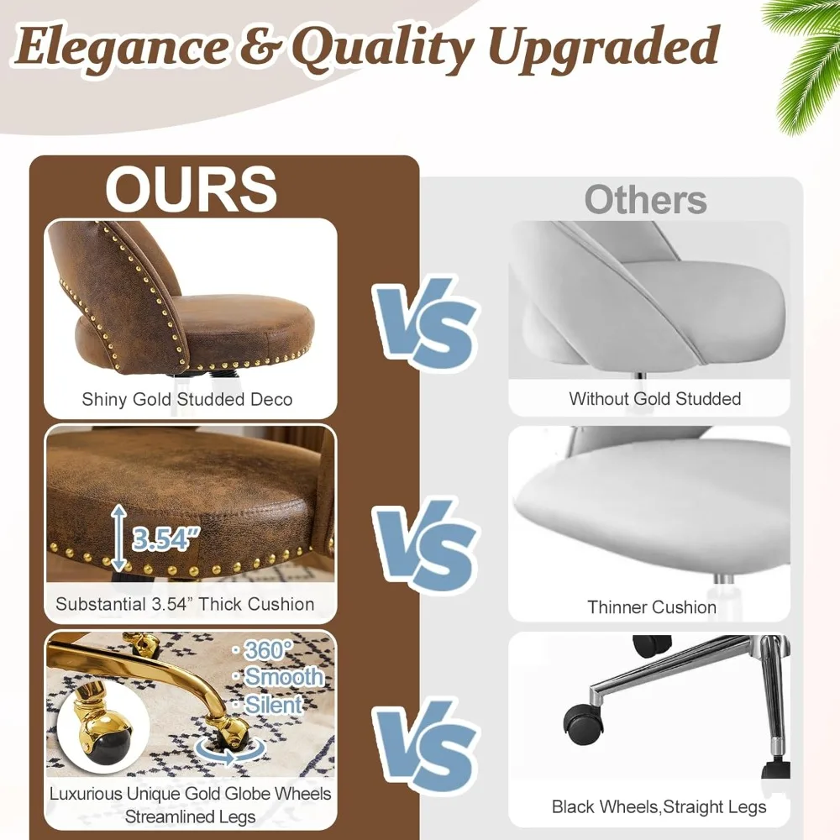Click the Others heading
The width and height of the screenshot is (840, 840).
[x=645, y=201]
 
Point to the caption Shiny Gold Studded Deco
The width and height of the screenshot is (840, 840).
[x=187, y=399]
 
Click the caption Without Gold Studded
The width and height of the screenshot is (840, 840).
[x=654, y=399]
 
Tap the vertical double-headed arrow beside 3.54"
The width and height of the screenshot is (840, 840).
[x=119, y=537]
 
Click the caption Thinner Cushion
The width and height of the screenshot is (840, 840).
[x=652, y=606]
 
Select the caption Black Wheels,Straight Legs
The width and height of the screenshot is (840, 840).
[x=659, y=807]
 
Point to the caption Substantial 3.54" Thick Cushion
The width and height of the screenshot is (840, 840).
[x=185, y=604]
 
